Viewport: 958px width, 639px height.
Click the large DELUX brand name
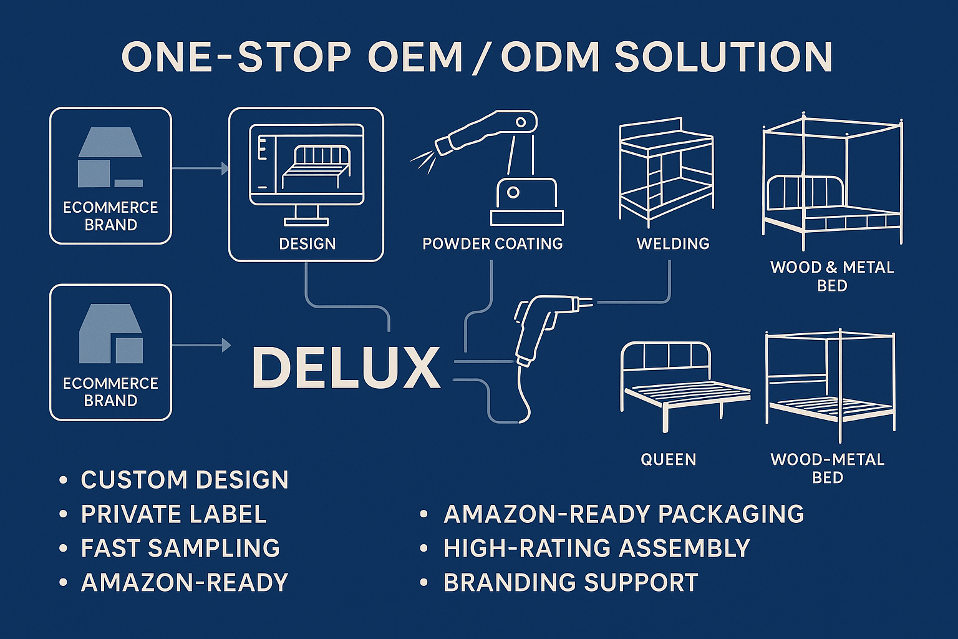point(346,368)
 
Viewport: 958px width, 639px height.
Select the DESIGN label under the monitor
point(307,243)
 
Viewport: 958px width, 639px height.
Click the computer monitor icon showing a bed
point(306,172)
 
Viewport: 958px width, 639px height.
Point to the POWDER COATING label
point(492,243)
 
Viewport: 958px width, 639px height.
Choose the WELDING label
point(672,243)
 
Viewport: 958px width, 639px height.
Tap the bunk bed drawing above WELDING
point(665,172)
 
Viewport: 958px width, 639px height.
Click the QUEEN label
point(668,460)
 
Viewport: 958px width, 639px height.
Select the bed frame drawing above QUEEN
point(683,384)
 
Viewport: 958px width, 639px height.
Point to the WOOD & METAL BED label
point(832,276)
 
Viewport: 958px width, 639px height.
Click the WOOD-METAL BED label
point(828,469)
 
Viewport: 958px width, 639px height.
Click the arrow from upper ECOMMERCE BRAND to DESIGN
point(200,168)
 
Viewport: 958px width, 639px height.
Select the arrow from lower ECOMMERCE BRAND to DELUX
point(200,344)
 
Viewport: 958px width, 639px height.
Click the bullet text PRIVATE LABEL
point(173,514)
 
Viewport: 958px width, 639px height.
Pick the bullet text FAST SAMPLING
point(180,548)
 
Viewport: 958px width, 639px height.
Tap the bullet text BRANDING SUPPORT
point(570,582)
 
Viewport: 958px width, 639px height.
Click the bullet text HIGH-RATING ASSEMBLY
point(596,548)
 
